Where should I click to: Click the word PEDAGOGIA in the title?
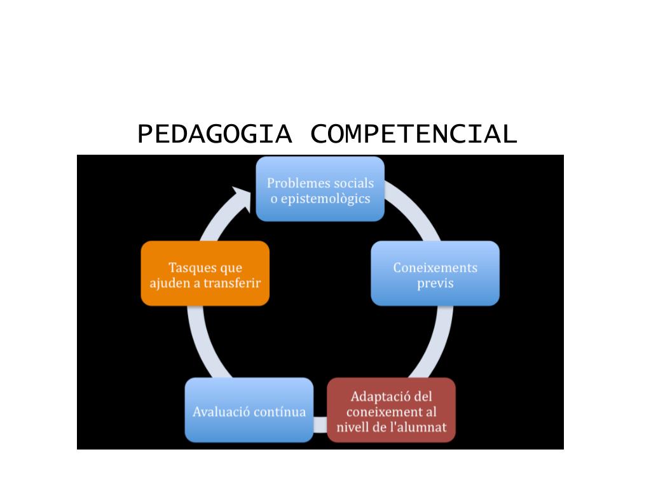[214, 134]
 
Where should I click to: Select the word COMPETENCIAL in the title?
[414, 134]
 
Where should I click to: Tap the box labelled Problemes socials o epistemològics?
[320, 189]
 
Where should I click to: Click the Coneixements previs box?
[435, 274]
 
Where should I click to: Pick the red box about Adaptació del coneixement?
[392, 410]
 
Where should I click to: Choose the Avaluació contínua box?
[249, 410]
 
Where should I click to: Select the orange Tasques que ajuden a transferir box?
[205, 274]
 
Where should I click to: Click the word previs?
[435, 283]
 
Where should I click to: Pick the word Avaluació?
[221, 411]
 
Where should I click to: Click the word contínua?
[280, 411]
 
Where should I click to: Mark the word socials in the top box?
[353, 183]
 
